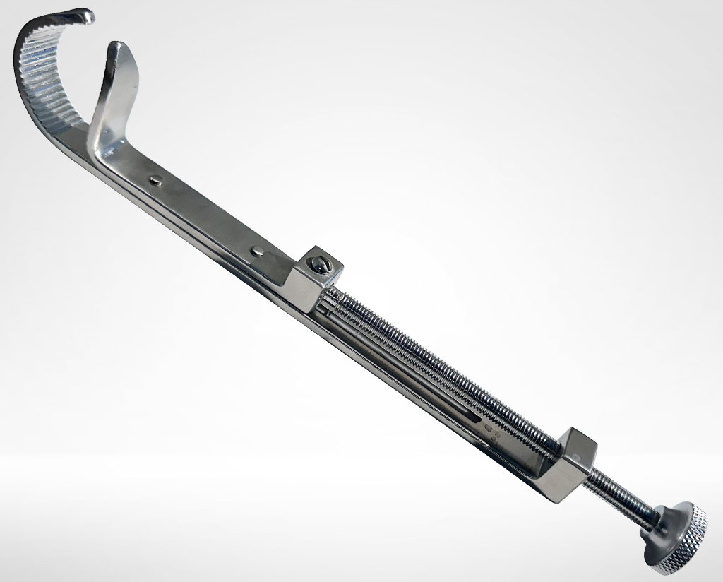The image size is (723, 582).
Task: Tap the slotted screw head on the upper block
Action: coord(320,266)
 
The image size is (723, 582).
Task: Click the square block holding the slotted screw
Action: coord(314,280)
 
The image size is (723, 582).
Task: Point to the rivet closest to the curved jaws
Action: coord(156,182)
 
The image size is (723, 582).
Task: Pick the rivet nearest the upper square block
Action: coord(260,249)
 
